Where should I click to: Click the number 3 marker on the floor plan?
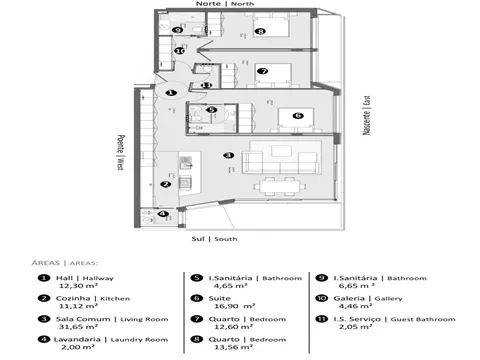point(229,155)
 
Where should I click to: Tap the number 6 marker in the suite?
point(297,116)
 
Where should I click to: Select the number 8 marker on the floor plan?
point(260,32)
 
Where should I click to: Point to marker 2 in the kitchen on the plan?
point(167,184)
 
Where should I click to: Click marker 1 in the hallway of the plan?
point(171,92)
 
